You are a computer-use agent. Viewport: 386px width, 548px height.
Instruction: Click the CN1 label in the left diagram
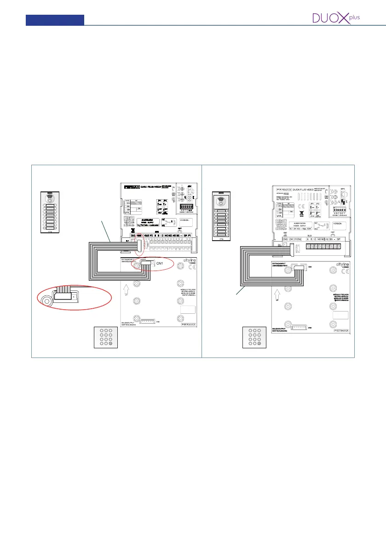[160, 263]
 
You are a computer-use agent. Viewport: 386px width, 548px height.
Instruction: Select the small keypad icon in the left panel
[103, 337]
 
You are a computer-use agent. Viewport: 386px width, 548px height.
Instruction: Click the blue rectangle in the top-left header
[55, 20]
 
